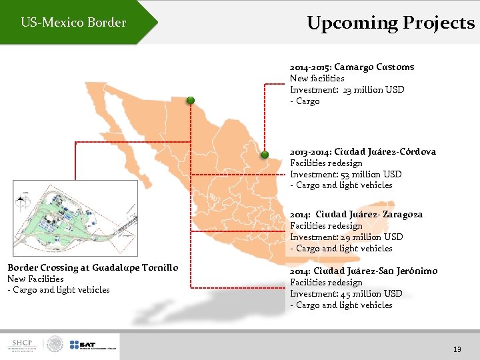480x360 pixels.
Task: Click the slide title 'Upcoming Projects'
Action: (391, 23)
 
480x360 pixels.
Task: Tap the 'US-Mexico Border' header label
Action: (73, 23)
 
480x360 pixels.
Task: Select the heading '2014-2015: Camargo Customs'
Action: (352, 67)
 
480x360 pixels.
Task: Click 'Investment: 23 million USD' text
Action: (347, 89)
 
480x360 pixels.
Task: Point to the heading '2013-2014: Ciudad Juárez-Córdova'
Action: (363, 151)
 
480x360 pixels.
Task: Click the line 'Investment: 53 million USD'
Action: (345, 174)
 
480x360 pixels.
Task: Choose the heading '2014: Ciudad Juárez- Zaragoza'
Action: (356, 214)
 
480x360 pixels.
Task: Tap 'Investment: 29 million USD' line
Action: (346, 237)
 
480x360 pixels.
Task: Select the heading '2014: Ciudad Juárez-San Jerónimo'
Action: (363, 271)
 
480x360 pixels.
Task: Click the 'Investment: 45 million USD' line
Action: (346, 293)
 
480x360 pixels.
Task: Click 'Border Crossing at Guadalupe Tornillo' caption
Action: (93, 267)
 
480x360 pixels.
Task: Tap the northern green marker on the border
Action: (191, 100)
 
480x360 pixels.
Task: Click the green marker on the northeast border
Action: (264, 155)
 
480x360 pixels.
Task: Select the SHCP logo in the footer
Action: (23, 345)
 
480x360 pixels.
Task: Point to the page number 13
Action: (457, 349)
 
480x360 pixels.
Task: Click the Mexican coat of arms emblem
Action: (55, 345)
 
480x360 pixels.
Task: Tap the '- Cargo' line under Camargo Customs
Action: (305, 101)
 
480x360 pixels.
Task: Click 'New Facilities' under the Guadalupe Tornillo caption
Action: (35, 279)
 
